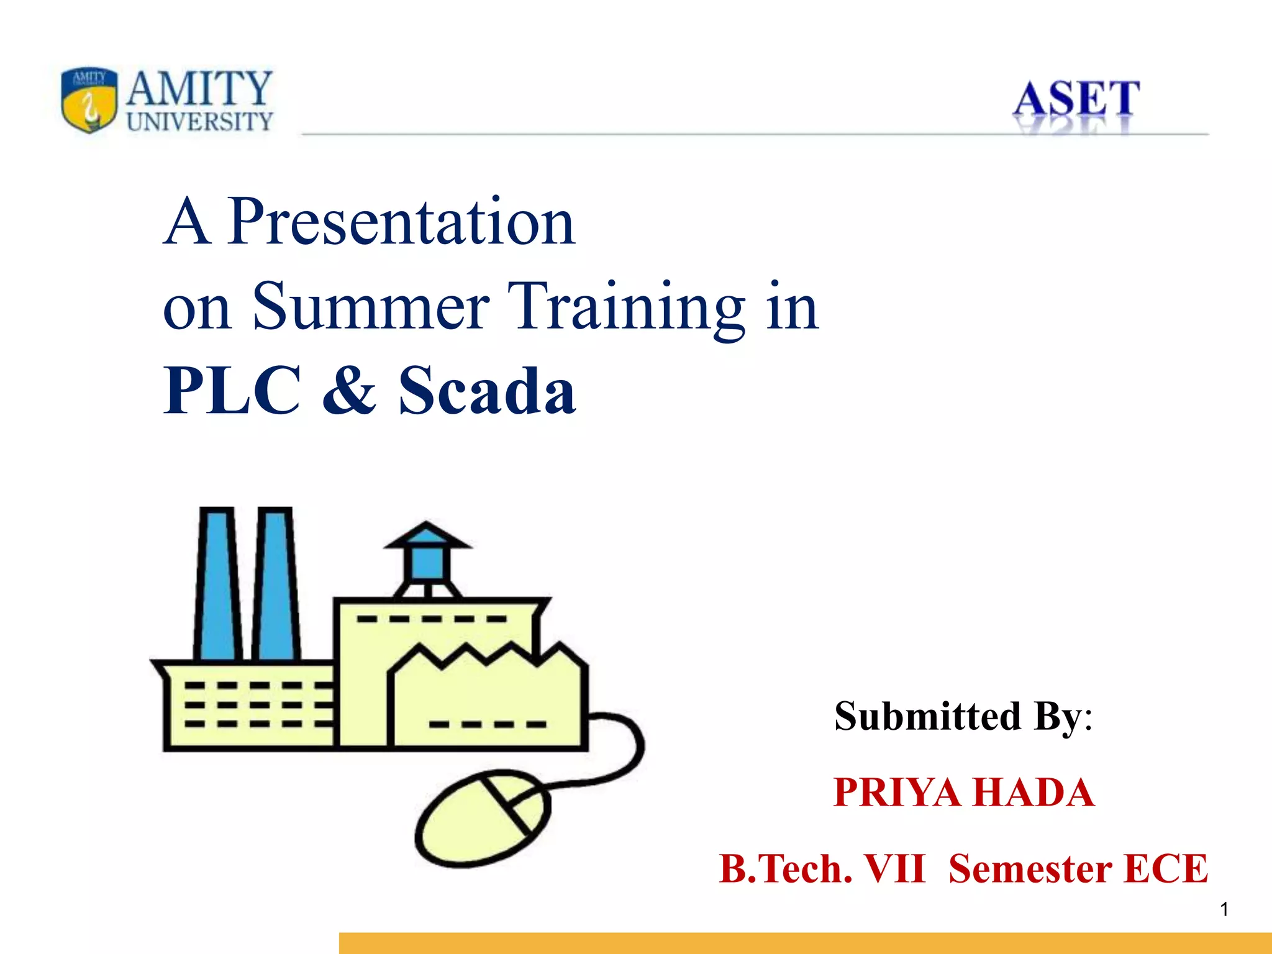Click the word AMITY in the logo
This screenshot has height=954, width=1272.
[x=199, y=89]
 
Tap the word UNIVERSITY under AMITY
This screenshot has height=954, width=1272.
[x=199, y=122]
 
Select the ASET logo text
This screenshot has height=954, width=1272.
[x=1076, y=99]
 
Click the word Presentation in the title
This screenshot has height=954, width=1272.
[x=401, y=222]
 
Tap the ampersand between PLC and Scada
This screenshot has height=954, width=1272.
[x=349, y=391]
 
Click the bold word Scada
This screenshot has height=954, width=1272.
[x=487, y=391]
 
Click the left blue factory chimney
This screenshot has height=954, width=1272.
[x=217, y=584]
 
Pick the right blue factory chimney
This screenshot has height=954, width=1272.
[x=276, y=584]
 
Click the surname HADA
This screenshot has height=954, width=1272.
[x=1033, y=793]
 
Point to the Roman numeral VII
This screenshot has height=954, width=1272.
[x=894, y=869]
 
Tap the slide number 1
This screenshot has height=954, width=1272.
[x=1224, y=910]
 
